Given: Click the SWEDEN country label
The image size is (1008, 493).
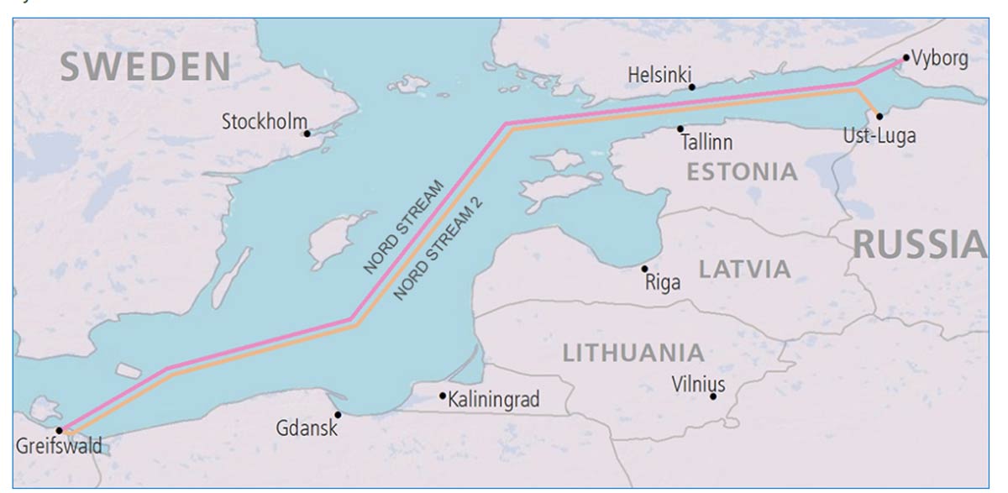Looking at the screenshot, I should tap(145, 66).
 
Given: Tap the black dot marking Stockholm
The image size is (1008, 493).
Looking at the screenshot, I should tap(307, 134).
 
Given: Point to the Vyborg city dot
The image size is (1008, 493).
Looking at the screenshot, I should tap(906, 58).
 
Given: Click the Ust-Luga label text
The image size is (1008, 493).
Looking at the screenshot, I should tap(879, 135).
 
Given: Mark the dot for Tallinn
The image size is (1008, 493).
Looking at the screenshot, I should tap(680, 128).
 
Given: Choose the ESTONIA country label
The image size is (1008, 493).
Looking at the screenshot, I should tap(742, 172).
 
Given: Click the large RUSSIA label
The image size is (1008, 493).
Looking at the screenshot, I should tap(920, 244).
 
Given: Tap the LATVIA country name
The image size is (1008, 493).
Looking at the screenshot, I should tap(745, 270).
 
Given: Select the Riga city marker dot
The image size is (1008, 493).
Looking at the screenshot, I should tap(644, 269).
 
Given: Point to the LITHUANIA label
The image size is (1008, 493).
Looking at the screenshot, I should tap(633, 353).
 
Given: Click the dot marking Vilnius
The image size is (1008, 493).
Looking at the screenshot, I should tap(713, 396).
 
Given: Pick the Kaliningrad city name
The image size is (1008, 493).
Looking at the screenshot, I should tap(494, 399).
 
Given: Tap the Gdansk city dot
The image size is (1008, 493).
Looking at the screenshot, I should tap(338, 414).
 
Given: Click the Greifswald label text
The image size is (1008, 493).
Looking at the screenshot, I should tap(59, 446).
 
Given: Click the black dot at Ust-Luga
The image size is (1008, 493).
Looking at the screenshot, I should tap(879, 116).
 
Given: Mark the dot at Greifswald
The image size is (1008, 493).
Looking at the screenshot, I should tap(59, 430).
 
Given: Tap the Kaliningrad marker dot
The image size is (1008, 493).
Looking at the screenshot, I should tap(443, 396).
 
